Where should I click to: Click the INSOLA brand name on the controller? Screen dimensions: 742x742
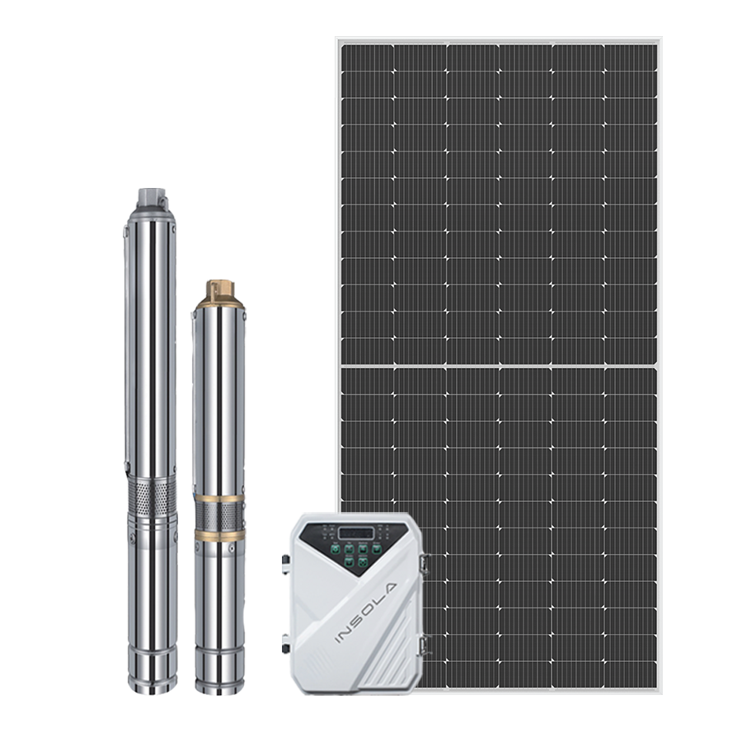(366, 613)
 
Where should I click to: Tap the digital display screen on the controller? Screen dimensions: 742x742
(356, 533)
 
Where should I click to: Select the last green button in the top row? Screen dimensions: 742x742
(376, 549)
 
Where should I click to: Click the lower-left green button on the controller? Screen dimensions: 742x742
(349, 562)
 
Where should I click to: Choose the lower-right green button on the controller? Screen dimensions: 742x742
(363, 562)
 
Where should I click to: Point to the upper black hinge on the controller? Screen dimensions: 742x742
(286, 563)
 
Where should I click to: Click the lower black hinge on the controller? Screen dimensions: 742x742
(286, 644)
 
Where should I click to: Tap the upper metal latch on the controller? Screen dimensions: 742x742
(425, 564)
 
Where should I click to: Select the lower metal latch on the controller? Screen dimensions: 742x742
(425, 645)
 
